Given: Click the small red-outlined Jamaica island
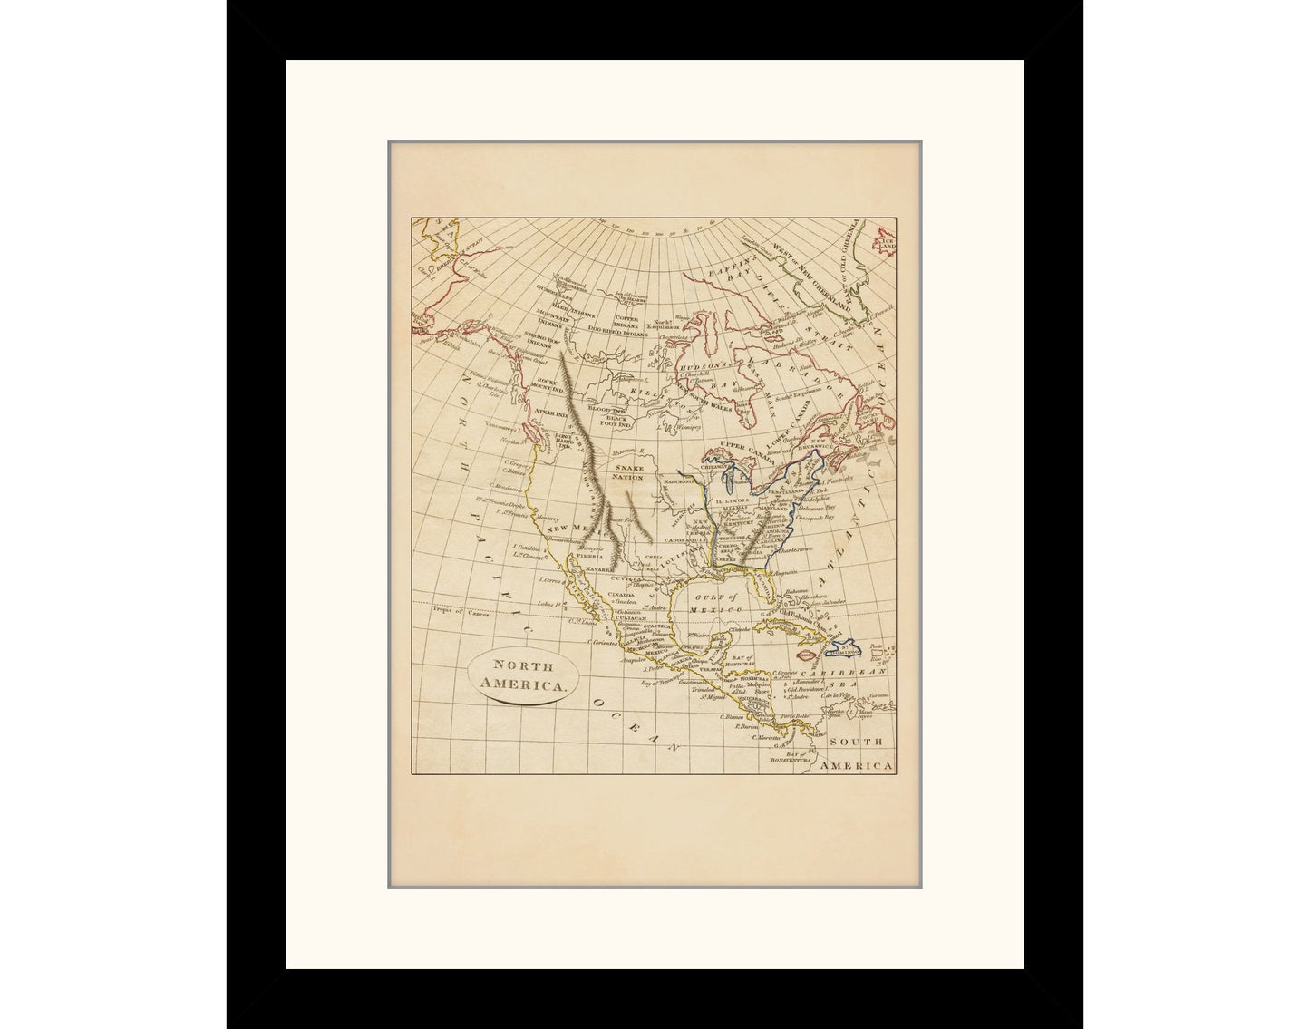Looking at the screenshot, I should tap(805, 654).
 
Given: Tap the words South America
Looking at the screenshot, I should tap(856, 754).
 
